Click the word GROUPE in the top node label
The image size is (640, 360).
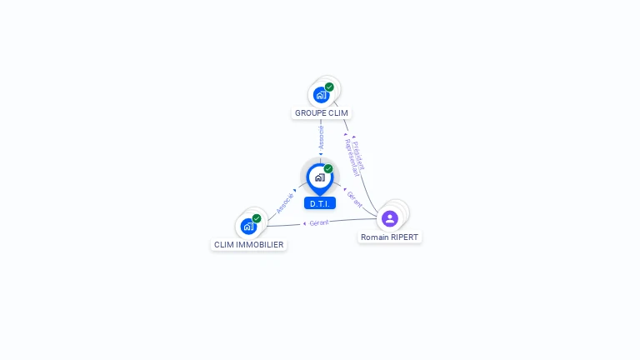coord(309,112)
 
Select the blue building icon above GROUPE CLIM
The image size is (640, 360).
coord(321,95)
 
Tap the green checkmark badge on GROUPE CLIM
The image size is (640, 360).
coord(329,87)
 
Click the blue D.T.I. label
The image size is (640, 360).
coord(320,203)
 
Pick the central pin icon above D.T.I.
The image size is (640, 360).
coord(319,177)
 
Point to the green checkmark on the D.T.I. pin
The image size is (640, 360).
coord(328,168)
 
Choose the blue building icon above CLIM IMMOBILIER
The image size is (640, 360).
coord(248,226)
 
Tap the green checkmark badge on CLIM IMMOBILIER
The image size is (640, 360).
coord(257,218)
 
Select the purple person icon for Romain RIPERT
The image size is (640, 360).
coord(389,218)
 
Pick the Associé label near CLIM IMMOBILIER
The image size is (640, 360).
coord(285,204)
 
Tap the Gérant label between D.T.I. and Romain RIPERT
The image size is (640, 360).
coord(355,199)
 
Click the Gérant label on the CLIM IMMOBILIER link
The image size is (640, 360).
coord(319,222)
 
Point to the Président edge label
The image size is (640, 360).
coord(359,150)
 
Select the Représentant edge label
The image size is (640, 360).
coord(351,157)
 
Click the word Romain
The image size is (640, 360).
coord(375,237)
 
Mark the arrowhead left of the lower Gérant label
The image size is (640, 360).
coord(304,223)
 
